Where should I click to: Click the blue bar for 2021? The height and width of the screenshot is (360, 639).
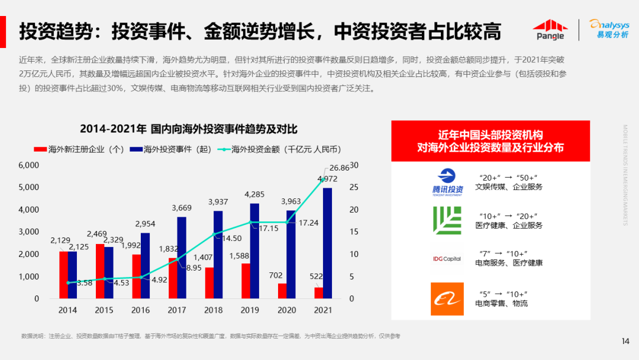[327, 243]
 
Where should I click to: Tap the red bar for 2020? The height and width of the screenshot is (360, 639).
[282, 291]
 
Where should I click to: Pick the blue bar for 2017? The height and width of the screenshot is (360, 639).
[182, 258]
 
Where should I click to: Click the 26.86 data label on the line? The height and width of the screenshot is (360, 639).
[340, 168]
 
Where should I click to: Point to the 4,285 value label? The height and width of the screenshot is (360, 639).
[254, 194]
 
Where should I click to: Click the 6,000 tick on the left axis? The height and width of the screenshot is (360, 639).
[28, 165]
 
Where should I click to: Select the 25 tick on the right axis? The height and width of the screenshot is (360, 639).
[354, 187]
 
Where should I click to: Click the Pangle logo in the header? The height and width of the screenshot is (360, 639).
[550, 30]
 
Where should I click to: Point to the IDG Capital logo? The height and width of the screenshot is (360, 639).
[447, 259]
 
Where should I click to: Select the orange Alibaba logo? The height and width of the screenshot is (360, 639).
[447, 299]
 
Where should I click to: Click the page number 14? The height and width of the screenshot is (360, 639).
[625, 340]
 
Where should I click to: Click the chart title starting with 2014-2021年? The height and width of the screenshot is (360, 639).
[188, 128]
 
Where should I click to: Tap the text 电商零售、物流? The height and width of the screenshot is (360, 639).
[501, 304]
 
